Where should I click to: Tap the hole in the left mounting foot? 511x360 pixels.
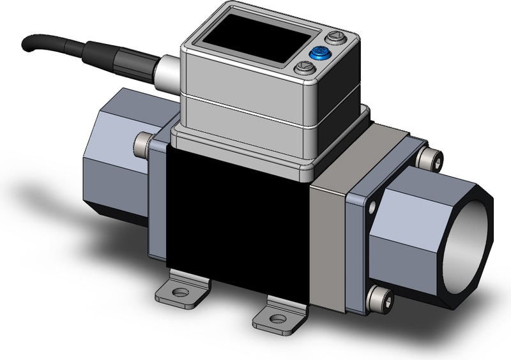[x=181, y=292]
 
